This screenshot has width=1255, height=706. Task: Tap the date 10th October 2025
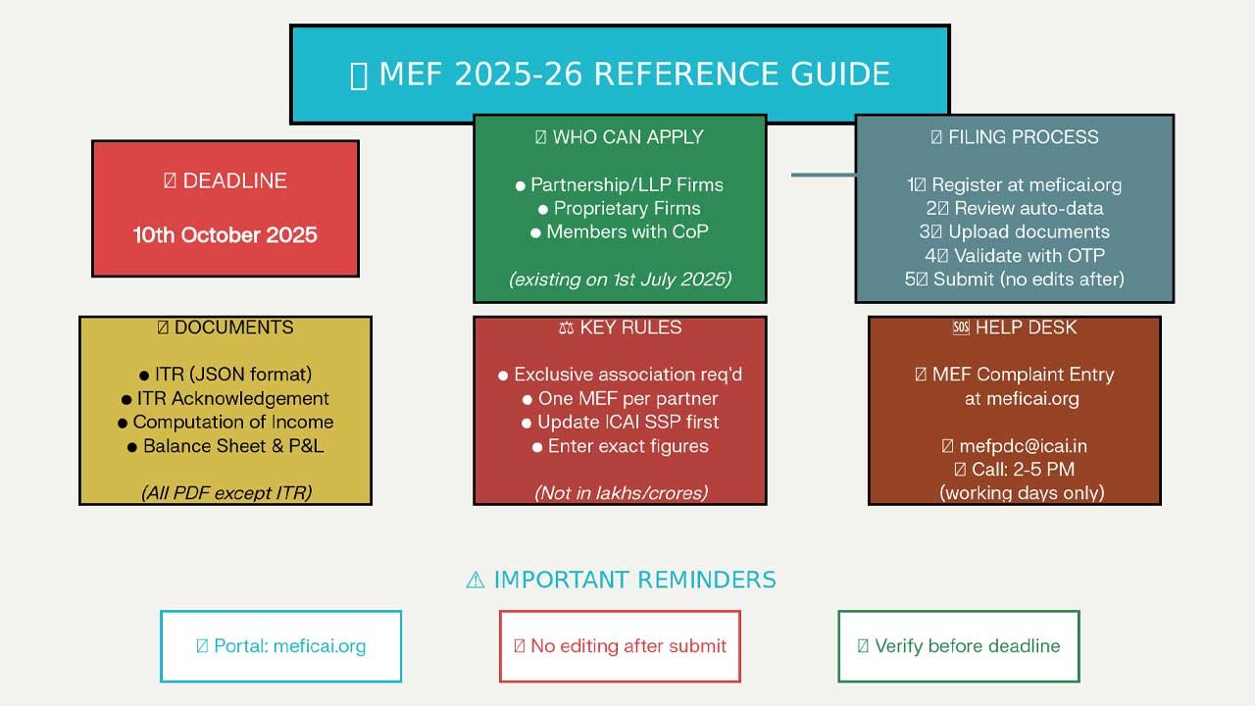coord(226,235)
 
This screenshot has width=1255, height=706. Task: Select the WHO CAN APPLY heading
coord(620,137)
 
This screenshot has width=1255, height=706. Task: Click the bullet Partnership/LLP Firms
coord(620,184)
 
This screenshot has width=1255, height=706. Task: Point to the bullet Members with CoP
coord(620,232)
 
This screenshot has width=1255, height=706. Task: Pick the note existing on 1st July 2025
coord(620,279)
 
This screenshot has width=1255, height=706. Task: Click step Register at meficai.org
coord(1014,184)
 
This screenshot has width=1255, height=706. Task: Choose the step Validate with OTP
coord(1014,256)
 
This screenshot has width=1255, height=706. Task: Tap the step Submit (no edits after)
coord(1014,279)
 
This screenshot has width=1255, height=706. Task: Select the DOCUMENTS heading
coord(226,328)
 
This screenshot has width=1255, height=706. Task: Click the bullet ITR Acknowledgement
coord(226,398)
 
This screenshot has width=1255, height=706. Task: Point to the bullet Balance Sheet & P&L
coord(226,446)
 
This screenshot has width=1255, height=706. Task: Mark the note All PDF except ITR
coord(226,493)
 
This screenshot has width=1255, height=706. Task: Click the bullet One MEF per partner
coord(620,398)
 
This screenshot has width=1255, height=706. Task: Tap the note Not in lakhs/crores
coord(620,493)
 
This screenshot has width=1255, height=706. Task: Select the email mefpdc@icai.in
coord(1014,446)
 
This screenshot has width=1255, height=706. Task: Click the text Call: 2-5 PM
coord(1014,470)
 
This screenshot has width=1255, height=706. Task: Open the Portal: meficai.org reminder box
coord(281,646)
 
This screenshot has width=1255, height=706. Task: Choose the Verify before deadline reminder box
coord(959,646)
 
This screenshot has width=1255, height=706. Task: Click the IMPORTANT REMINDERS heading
coord(620,580)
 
